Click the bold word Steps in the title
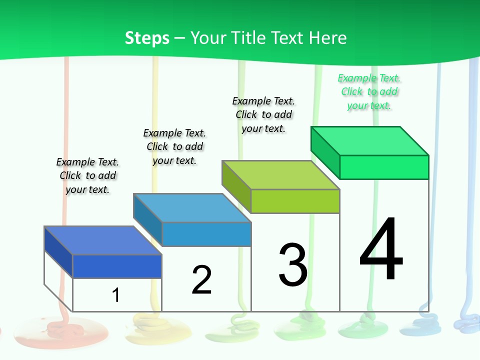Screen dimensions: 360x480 tap(147, 38)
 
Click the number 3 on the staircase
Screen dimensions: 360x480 tap(292, 264)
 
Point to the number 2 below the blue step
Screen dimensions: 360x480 tap(201, 280)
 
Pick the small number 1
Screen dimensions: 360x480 tap(115, 295)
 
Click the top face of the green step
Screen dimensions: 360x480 tap(370, 140)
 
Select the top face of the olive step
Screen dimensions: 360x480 tap(281, 175)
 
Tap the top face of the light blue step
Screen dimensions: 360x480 tap(192, 207)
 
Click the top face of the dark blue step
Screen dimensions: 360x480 tap(103, 240)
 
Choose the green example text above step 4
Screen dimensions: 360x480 tap(369, 92)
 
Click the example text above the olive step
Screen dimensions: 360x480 tap(263, 114)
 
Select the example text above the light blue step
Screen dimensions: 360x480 tap(174, 146)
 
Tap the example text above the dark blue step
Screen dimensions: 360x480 tap(87, 175)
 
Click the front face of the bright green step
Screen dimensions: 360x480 tap(384, 167)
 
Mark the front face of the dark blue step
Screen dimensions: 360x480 tap(117, 266)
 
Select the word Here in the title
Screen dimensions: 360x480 tap(328, 38)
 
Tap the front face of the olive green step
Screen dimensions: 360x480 tap(295, 201)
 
